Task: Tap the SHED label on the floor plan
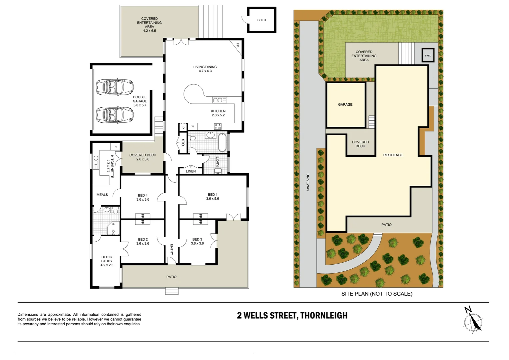click(261, 20)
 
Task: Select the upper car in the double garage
click(115, 87)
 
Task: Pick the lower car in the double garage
click(115, 115)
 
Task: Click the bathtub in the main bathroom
click(222, 143)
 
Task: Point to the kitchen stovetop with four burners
click(218, 126)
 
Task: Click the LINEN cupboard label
click(191, 171)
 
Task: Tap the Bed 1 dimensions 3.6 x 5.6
click(213, 199)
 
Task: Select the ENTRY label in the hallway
click(172, 249)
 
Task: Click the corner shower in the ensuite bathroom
click(113, 228)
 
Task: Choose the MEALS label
click(102, 195)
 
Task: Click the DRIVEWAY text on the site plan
click(308, 182)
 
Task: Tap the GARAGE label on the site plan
click(345, 105)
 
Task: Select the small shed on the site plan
click(428, 55)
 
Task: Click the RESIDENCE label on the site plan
click(393, 155)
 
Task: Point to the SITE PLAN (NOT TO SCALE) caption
click(377, 294)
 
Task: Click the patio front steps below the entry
click(172, 291)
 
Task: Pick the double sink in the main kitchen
click(220, 100)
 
